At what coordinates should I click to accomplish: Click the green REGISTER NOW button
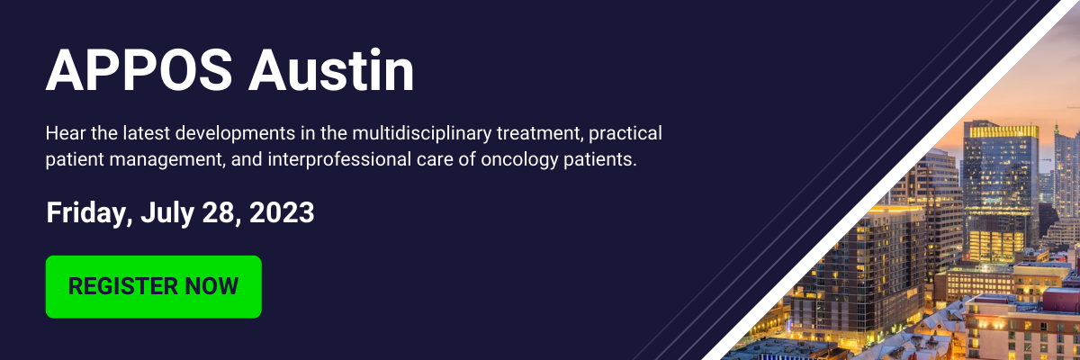coord(154,287)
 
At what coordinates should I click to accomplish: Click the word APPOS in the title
coord(139,70)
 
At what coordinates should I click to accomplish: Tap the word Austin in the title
coord(331,70)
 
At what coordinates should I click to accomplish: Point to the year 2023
coord(282,212)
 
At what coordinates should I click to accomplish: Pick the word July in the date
coord(167,213)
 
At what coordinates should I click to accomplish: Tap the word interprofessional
coord(339,159)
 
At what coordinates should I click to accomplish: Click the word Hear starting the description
coord(66,133)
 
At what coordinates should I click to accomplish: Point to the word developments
coord(235,133)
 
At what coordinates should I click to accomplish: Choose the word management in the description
coord(167,160)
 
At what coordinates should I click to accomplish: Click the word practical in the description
coord(625,133)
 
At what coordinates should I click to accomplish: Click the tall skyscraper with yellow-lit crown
coord(1001,193)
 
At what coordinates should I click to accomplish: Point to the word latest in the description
coord(146,133)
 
